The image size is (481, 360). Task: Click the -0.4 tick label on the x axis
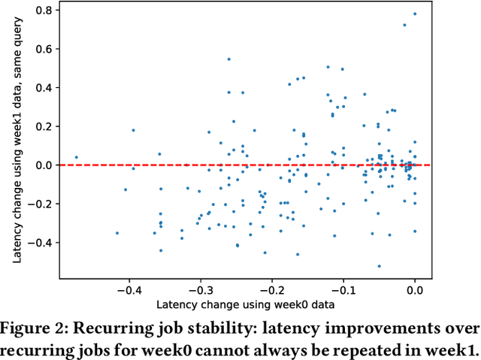pyautogui.click(x=129, y=289)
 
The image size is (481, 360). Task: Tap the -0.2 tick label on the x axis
pyautogui.click(x=271, y=289)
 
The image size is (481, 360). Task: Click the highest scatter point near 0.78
pyautogui.click(x=415, y=14)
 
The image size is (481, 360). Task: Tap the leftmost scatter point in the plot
pyautogui.click(x=76, y=158)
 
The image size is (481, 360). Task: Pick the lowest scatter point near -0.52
pyautogui.click(x=379, y=266)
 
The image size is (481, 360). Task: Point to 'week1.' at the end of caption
pyautogui.click(x=454, y=350)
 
